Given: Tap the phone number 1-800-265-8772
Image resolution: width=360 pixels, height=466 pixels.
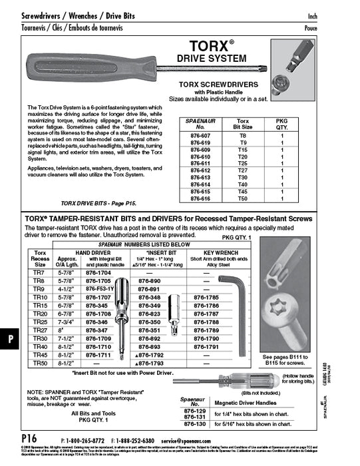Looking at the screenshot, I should pyautogui.click(x=86, y=441).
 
